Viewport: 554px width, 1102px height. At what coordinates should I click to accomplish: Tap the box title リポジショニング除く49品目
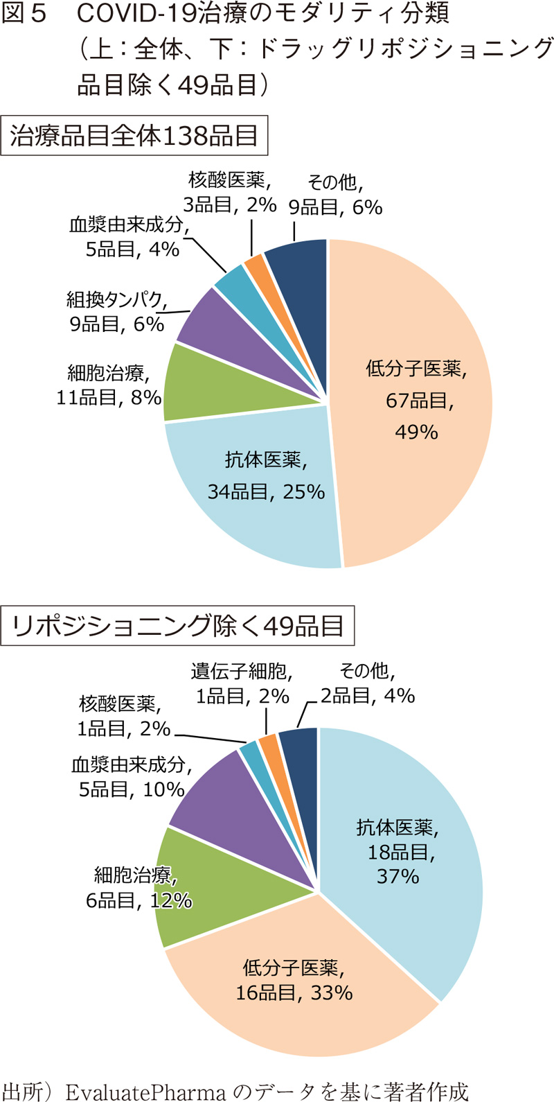click(178, 626)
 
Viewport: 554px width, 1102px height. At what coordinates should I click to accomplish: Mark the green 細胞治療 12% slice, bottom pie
click(201, 887)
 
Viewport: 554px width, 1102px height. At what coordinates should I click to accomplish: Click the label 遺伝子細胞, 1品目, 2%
click(242, 683)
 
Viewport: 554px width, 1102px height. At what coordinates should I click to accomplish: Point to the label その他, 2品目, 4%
click(367, 683)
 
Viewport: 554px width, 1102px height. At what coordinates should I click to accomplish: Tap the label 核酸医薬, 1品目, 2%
click(125, 716)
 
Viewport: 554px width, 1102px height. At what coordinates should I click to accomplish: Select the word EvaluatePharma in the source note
click(145, 1091)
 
